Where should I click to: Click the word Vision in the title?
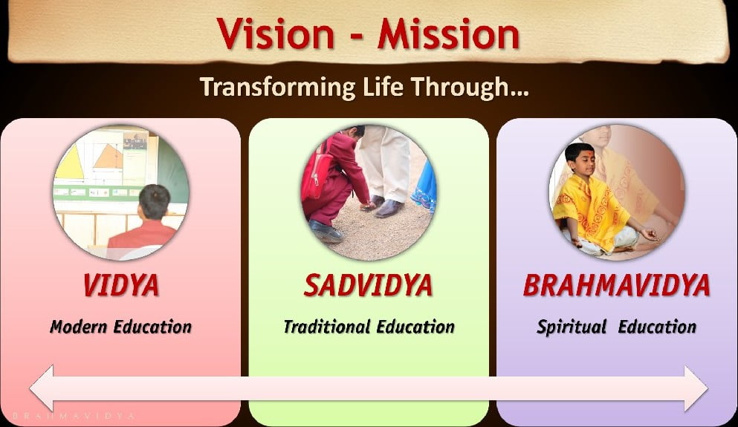click(x=275, y=34)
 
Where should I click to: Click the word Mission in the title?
click(x=448, y=34)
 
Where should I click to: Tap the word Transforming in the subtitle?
click(x=277, y=88)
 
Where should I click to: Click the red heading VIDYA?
click(x=121, y=285)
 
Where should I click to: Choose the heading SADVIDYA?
click(x=368, y=285)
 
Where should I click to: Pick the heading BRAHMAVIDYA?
click(x=617, y=285)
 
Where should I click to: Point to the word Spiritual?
click(x=572, y=327)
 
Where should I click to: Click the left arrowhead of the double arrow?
click(x=42, y=388)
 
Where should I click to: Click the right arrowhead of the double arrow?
click(x=696, y=388)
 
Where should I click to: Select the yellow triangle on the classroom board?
click(x=70, y=161)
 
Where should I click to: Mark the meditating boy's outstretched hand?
click(x=651, y=233)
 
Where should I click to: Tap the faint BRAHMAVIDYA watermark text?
click(x=74, y=416)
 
